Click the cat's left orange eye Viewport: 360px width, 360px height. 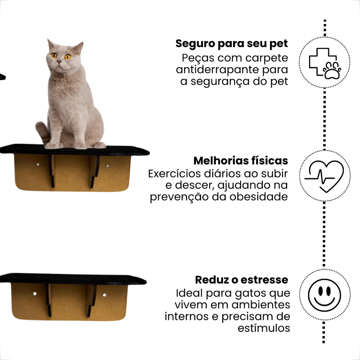(x=54, y=56)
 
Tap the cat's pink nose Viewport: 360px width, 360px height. (x=59, y=62)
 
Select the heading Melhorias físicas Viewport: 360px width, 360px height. (x=240, y=160)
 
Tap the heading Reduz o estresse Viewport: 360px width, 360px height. (x=242, y=279)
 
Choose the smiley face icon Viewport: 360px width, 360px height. (x=324, y=295)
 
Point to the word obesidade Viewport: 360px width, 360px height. (x=258, y=197)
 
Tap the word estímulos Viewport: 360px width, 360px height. (x=264, y=328)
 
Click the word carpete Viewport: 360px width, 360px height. (x=266, y=58)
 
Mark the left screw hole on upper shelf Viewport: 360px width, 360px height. (x=38, y=165)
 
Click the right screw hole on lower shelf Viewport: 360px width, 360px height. (x=104, y=295)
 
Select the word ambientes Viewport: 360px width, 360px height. (x=261, y=305)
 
